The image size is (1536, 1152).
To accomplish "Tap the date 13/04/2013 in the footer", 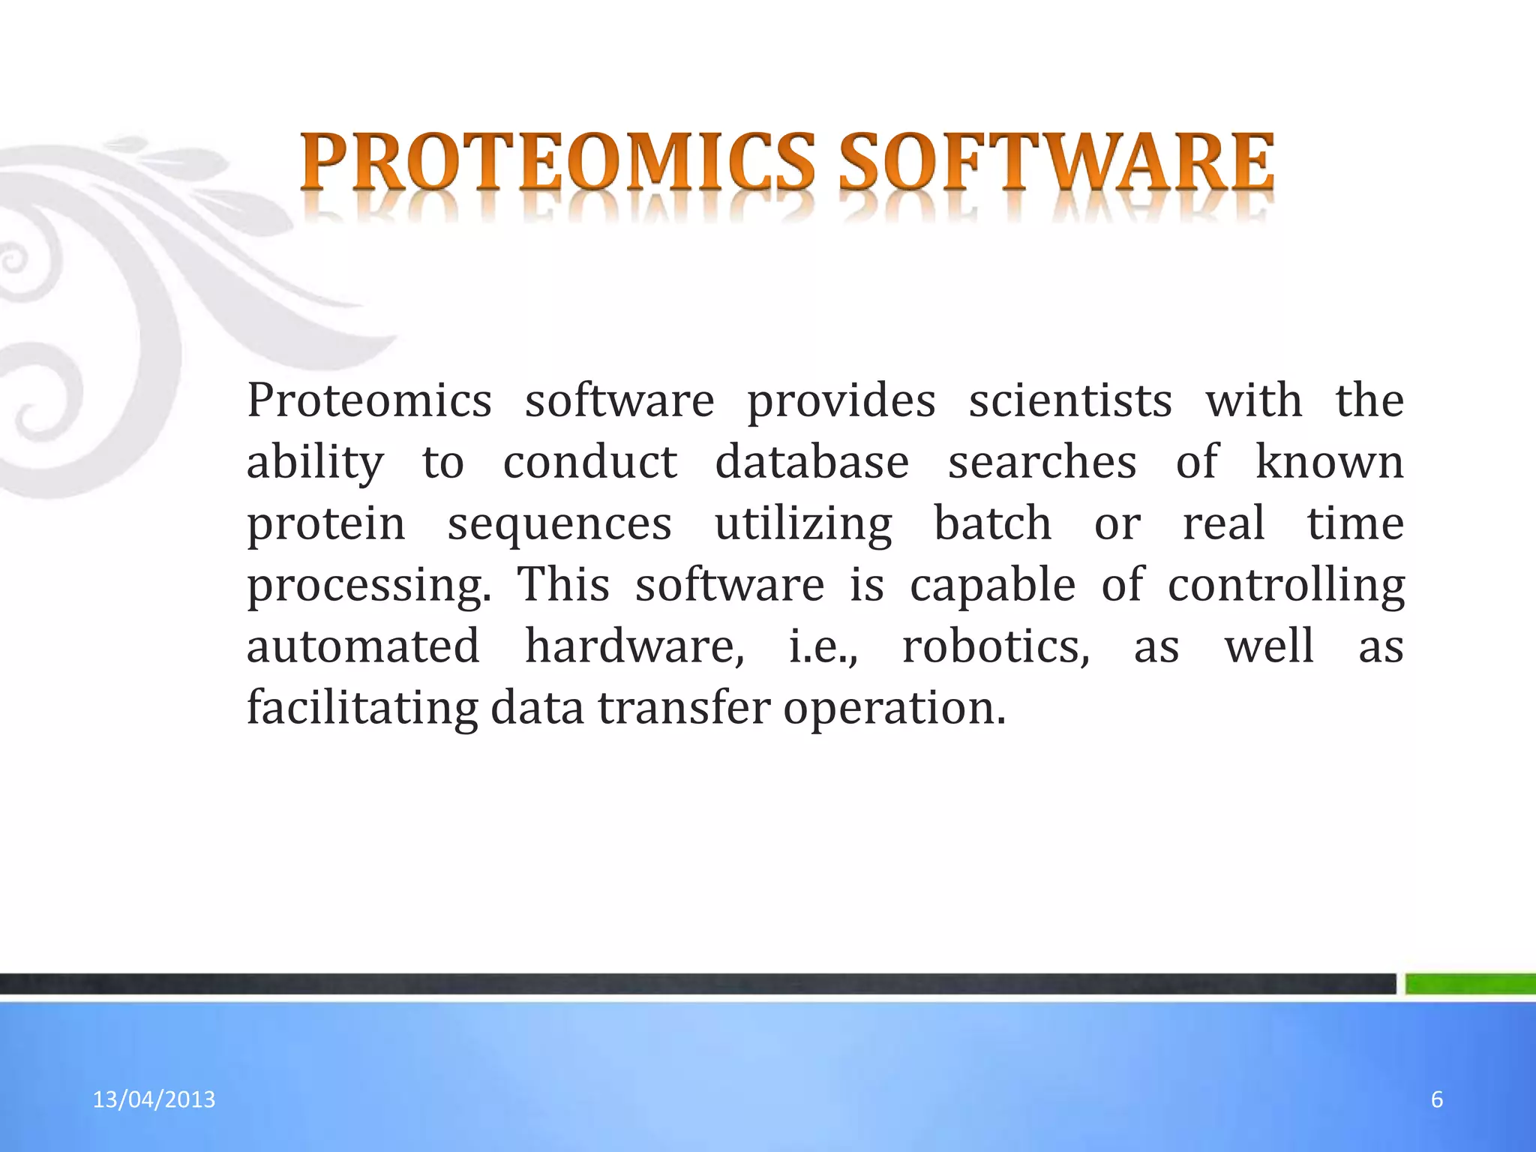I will point(154,1099).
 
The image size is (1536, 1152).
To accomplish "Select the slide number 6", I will point(1437,1099).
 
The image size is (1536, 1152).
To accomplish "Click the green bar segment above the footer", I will point(1470,983).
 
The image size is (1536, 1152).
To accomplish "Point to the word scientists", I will point(1070,400).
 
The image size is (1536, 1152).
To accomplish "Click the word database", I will point(811,462).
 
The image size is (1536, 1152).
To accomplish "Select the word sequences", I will point(559,523).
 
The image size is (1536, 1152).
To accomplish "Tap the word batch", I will point(992,523).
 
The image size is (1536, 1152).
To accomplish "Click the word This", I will point(563,584).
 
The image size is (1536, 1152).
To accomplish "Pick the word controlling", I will point(1285,586).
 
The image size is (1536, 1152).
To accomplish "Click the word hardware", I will point(634,646).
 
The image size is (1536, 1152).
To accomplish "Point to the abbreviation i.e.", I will point(823,646).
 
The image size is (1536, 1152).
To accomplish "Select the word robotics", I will point(995,646).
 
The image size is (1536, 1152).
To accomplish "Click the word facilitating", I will point(362,708).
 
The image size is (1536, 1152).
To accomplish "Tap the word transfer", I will point(683,708).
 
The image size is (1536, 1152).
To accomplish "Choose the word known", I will point(1329,462).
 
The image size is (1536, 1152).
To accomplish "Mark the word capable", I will point(992,586).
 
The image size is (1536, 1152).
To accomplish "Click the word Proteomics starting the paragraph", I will point(369,400).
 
